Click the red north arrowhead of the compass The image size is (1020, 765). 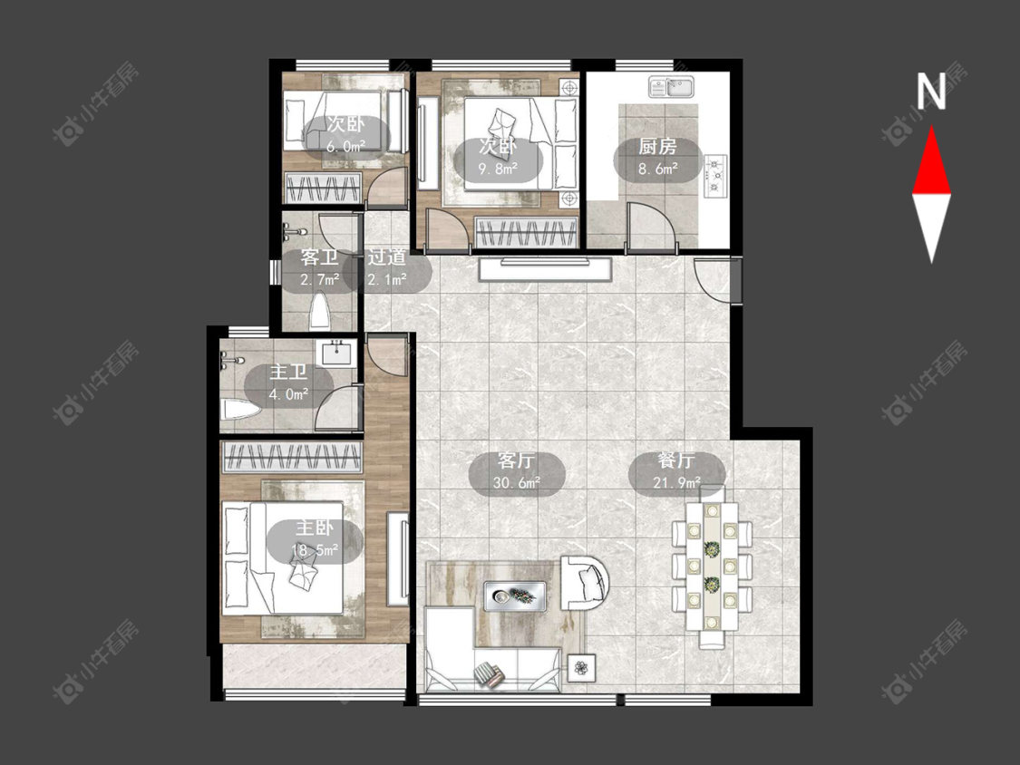pos(931,164)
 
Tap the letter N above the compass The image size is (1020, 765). pos(931,91)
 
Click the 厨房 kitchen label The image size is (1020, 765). pos(657,146)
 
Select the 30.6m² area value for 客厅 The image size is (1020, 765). pos(517,483)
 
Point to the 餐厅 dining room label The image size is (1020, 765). pos(676,460)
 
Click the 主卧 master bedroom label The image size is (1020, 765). pos(315,527)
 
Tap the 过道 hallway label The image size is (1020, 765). pos(387,257)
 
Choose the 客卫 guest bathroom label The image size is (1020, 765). pos(319,257)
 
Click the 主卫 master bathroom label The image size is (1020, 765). pos(289,373)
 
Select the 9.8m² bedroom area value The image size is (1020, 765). pos(498,169)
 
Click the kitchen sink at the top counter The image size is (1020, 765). pos(671,86)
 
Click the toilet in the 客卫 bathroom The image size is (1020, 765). pos(319,312)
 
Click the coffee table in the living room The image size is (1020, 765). pos(514,596)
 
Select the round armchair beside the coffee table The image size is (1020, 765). pos(585,582)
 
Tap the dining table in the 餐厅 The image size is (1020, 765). pos(712,566)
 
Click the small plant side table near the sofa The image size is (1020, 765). pos(581,667)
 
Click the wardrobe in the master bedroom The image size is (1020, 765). pos(291,457)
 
